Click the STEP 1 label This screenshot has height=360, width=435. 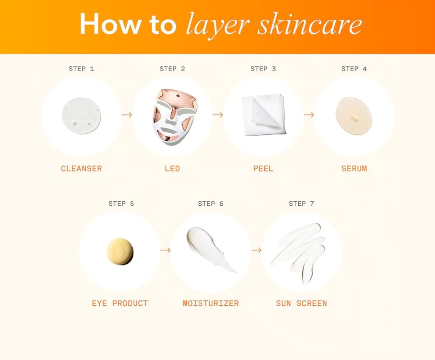click(81, 69)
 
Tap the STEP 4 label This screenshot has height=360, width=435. click(354, 69)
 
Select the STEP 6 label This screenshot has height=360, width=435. click(211, 204)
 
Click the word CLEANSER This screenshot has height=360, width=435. click(81, 168)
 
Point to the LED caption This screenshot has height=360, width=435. click(172, 168)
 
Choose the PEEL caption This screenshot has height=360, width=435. click(263, 168)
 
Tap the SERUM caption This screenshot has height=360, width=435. click(354, 168)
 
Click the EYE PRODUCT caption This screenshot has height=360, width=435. click(120, 303)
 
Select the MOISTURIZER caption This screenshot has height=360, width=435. click(211, 303)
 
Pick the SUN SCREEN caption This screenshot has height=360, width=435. click(302, 303)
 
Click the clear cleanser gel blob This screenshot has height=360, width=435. click(81, 116)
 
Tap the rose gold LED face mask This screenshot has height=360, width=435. click(175, 117)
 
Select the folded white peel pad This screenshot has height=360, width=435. click(264, 114)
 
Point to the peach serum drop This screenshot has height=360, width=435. click(354, 116)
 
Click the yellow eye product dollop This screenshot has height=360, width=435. click(120, 251)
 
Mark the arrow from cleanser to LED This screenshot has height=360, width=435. click(127, 115)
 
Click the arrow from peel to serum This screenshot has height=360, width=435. click(309, 115)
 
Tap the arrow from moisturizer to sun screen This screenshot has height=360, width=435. click(256, 250)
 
